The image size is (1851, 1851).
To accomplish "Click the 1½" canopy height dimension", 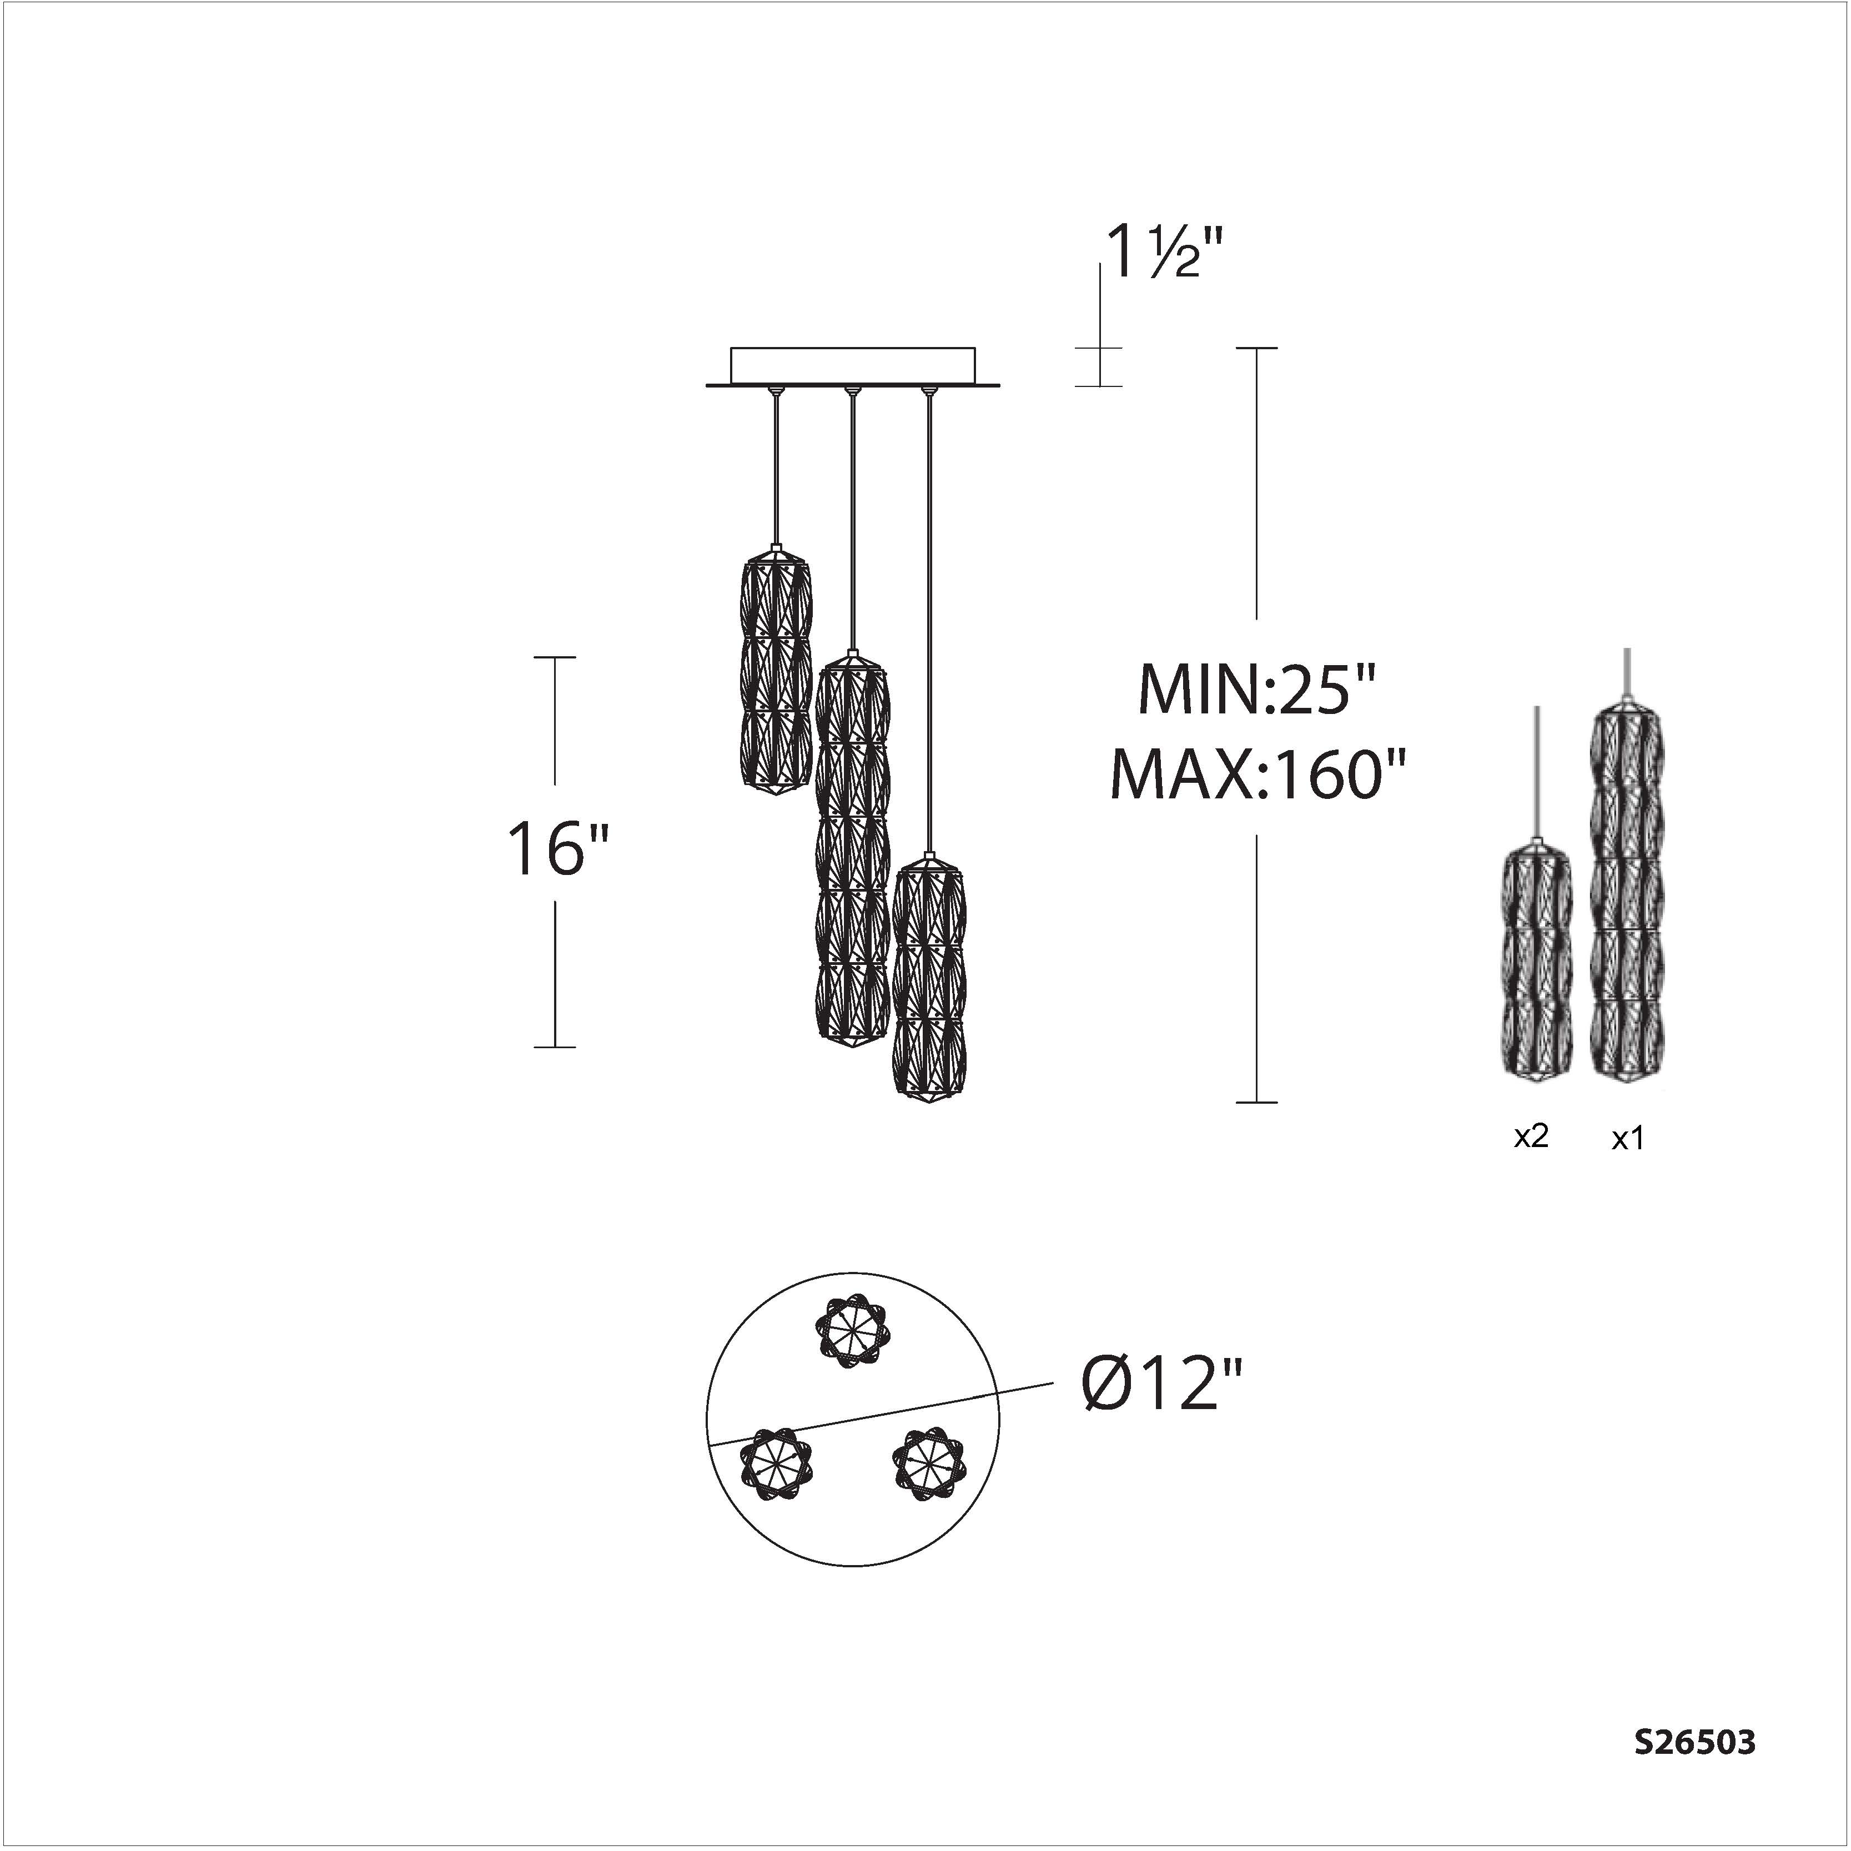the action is (1165, 251).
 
